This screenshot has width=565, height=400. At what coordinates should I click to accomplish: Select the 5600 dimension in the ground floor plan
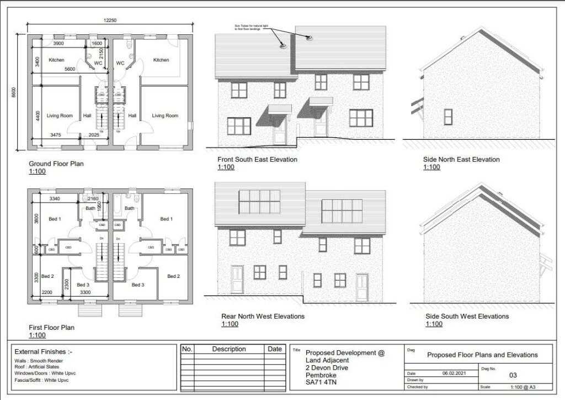pos(70,69)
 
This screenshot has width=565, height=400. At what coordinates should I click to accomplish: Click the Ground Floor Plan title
pos(56,164)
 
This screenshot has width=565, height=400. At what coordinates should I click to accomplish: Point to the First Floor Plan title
pos(51,328)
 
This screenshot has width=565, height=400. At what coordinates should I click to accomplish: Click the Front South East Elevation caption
pos(257,159)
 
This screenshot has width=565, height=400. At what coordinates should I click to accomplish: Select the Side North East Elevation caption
pos(461,159)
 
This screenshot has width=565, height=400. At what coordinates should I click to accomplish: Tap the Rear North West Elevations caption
pos(263,316)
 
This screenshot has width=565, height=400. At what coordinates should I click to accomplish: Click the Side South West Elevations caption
pos(467,316)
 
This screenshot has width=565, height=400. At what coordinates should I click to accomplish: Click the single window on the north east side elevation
pos(448,117)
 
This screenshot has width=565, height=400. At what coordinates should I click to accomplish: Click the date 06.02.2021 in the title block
pos(455,373)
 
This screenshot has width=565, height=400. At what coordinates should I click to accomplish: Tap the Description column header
pos(229,349)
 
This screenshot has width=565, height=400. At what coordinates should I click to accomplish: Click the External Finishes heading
pos(43,351)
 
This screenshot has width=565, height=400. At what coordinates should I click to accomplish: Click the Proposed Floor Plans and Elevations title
pos(482,355)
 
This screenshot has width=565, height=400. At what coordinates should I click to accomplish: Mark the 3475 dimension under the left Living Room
pos(56,134)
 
